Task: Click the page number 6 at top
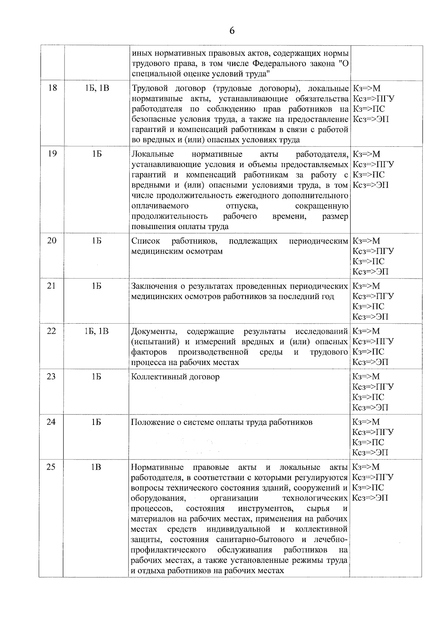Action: pos(232,31)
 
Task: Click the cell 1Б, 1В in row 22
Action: pos(96,331)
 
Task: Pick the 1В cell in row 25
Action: pos(96,467)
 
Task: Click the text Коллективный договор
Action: pos(175,377)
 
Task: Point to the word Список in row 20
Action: pos(146,241)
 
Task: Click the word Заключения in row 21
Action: pos(152,286)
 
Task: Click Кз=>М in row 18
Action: pos(367,88)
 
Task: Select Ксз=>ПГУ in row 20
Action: pos(373,251)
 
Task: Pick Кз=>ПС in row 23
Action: pos(368,397)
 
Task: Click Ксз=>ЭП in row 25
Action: pos(370,498)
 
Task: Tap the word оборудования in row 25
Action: pos(158,498)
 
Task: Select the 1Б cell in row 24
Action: pos(96,422)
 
